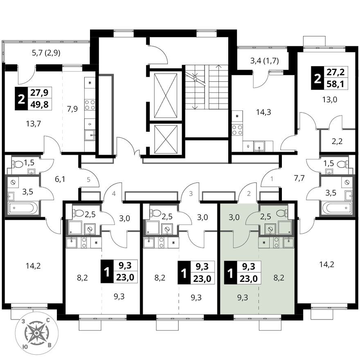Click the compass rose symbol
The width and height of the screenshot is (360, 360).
[x=36, y=333]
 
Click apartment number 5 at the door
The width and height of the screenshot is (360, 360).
[x=89, y=180]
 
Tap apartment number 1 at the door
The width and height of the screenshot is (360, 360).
[x=272, y=179]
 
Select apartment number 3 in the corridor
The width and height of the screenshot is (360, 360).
[x=191, y=193]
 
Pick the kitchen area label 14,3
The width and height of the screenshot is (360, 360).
[x=263, y=112]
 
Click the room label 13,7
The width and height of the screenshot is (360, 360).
[x=33, y=124]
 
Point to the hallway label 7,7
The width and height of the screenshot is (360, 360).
[x=299, y=178]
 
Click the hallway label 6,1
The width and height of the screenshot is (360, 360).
[x=60, y=179]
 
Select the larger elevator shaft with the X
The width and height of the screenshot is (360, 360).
[x=166, y=95]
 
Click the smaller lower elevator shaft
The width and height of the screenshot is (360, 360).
[x=166, y=139]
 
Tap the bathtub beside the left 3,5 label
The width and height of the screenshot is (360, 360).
[x=22, y=208]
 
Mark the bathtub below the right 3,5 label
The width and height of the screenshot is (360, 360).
[x=336, y=207]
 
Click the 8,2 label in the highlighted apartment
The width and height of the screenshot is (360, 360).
[x=279, y=278]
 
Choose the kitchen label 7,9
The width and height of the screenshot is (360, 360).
[x=72, y=109]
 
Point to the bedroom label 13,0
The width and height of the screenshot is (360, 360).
[x=330, y=100]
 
